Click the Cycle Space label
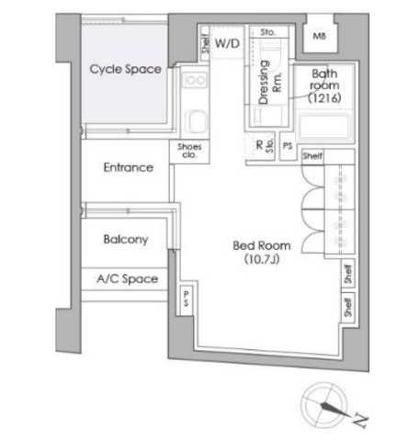click(x=126, y=70)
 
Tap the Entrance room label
click(x=128, y=168)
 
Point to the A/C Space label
click(x=126, y=279)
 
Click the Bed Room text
click(x=261, y=246)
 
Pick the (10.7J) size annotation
click(x=261, y=260)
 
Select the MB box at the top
click(x=319, y=36)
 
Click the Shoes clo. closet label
click(x=187, y=149)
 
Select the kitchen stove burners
click(x=195, y=83)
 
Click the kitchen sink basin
click(x=194, y=120)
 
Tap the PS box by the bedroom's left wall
click(x=185, y=298)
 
